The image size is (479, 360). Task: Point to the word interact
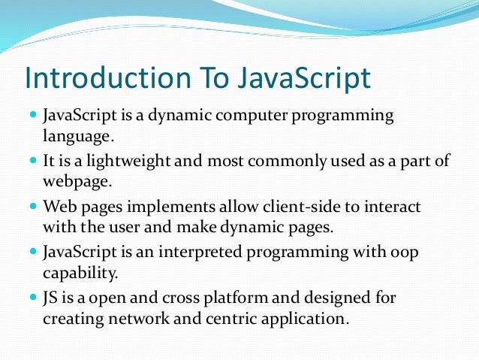390,206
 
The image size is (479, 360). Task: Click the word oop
404,252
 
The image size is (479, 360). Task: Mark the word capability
79,271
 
